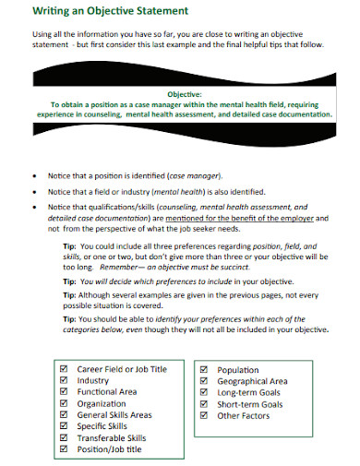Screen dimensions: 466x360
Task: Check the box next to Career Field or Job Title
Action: (x=64, y=369)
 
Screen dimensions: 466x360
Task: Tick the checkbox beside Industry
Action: (x=64, y=380)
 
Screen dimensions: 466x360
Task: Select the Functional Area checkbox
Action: (x=64, y=391)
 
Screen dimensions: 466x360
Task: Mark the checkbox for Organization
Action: (x=64, y=402)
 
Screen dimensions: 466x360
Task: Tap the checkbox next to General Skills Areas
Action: (x=64, y=414)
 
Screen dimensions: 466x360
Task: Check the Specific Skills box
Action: (x=64, y=425)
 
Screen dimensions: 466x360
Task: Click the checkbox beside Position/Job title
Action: (x=64, y=448)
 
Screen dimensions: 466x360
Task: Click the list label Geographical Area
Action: (x=252, y=380)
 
